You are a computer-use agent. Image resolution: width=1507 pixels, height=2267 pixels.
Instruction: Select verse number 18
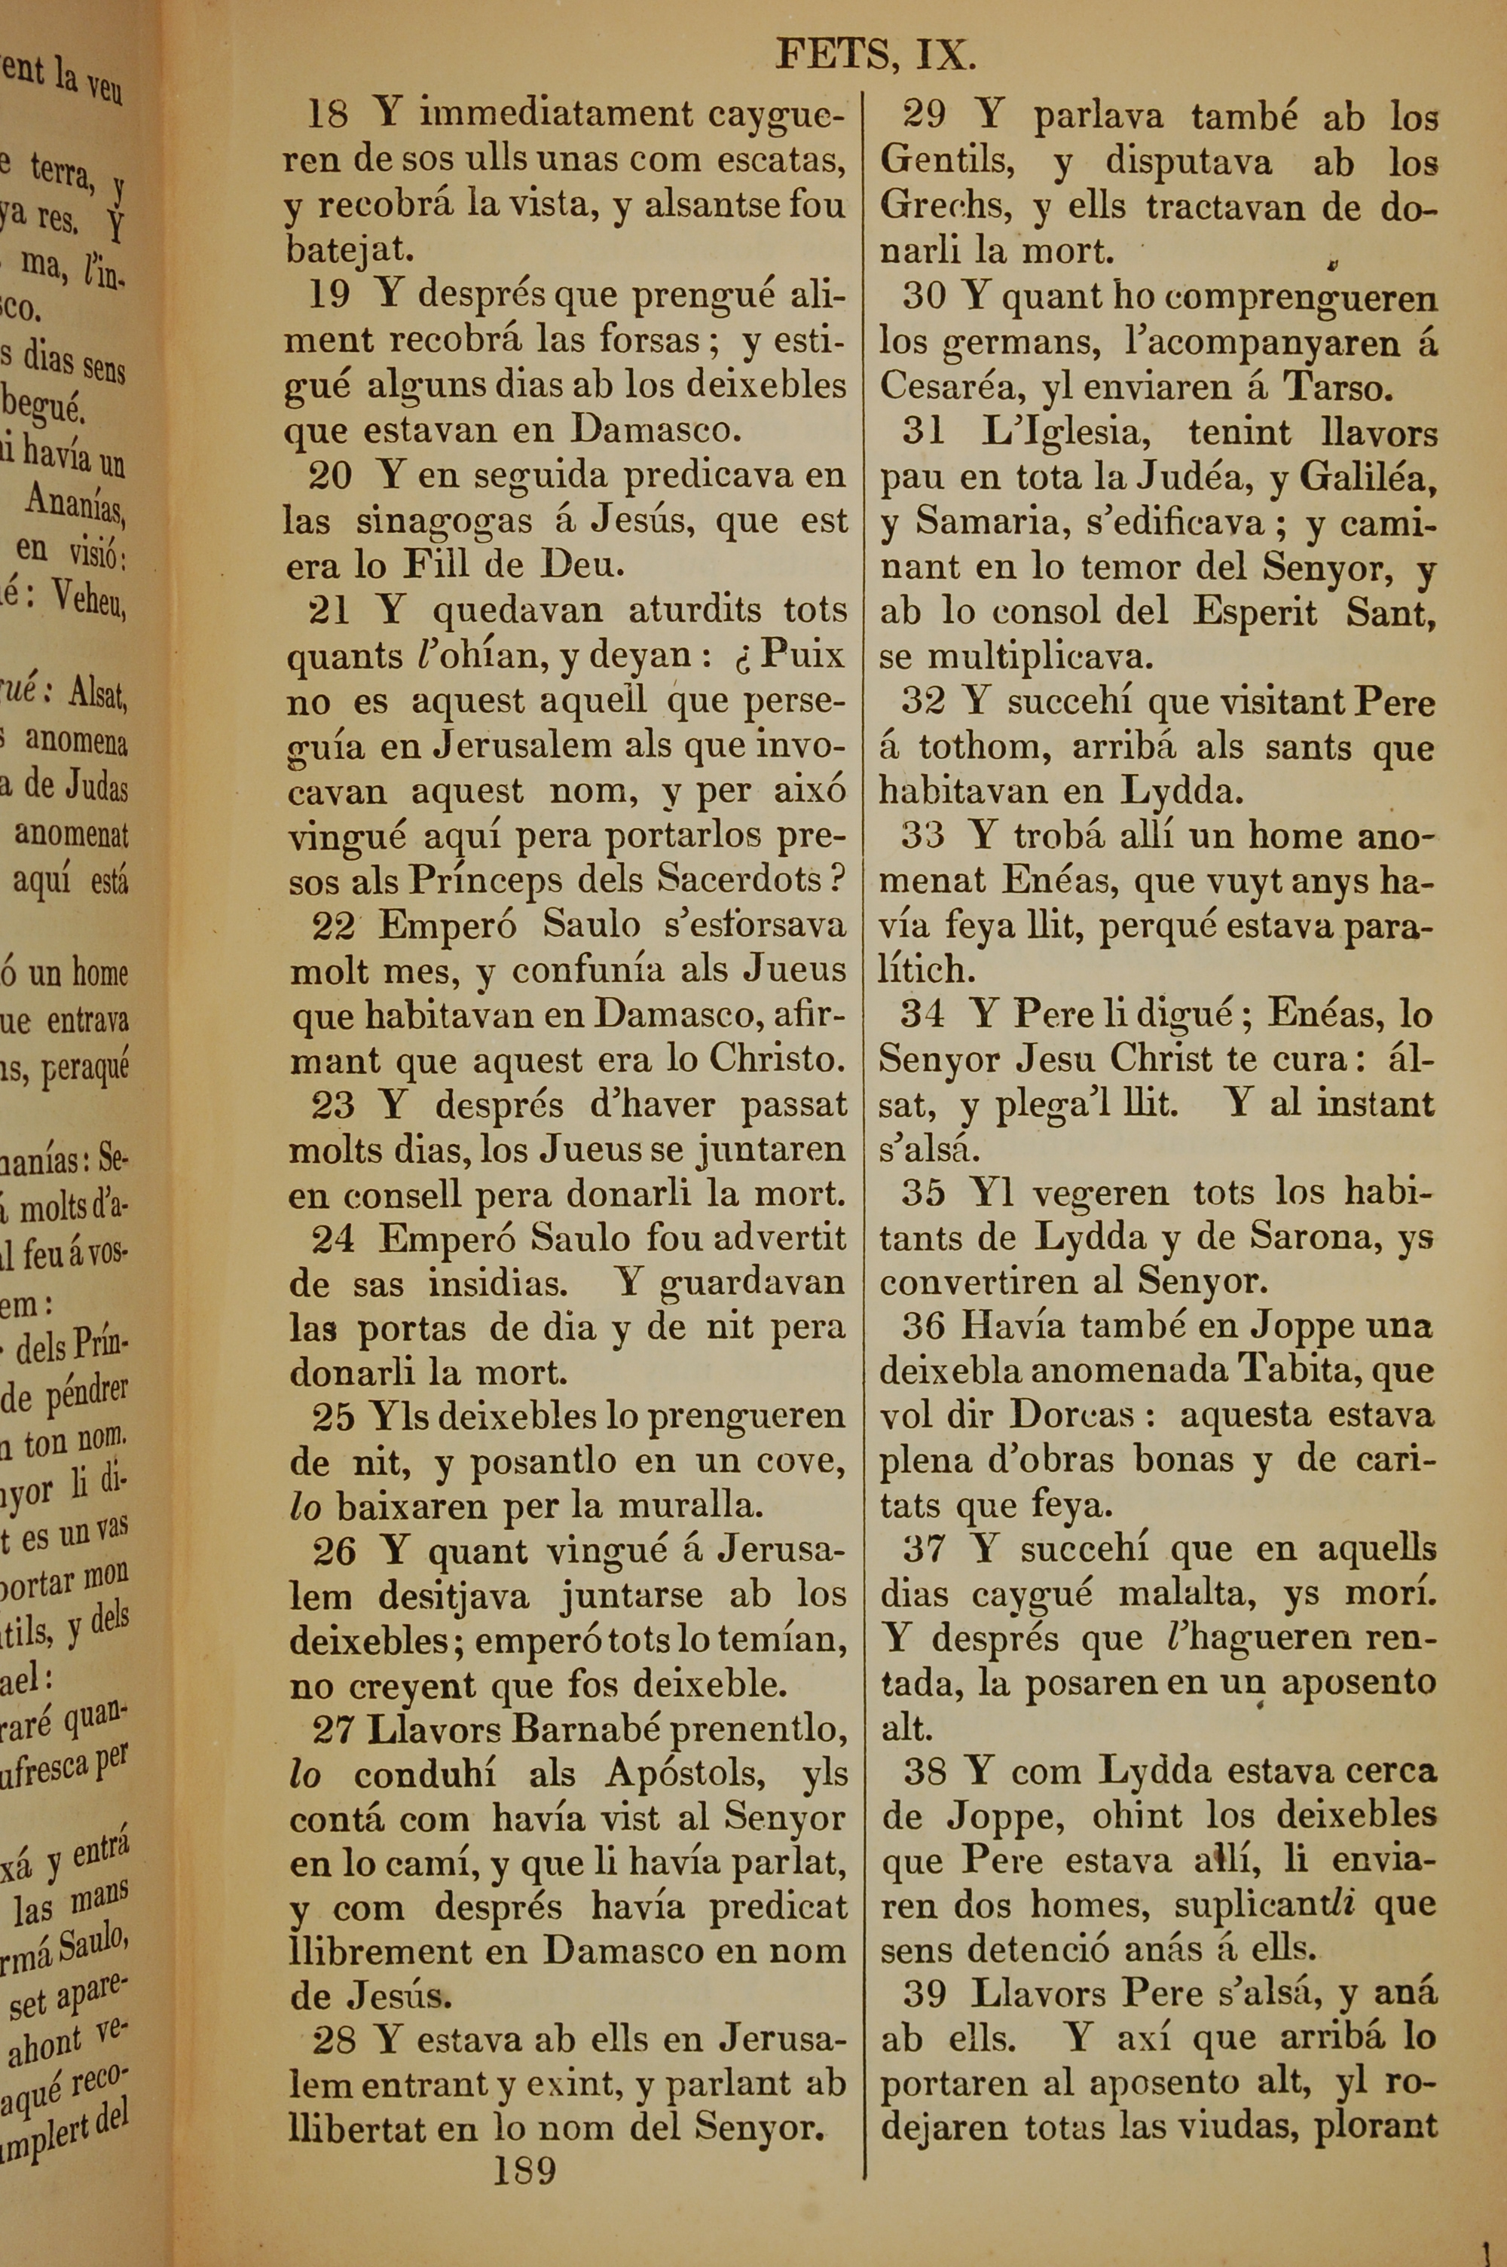pos(327,115)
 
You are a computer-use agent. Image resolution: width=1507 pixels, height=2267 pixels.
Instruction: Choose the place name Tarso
pos(1337,387)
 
